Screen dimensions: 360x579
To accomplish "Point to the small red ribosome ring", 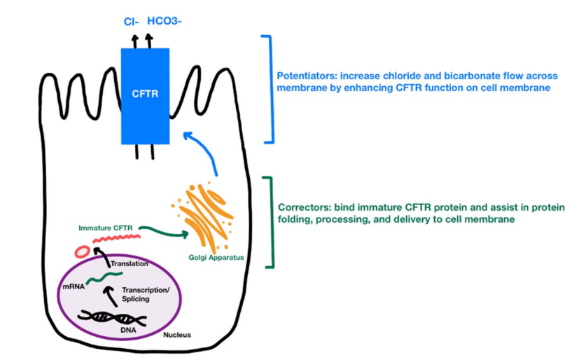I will [x=83, y=250].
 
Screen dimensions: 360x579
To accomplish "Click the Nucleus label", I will [x=176, y=335].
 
